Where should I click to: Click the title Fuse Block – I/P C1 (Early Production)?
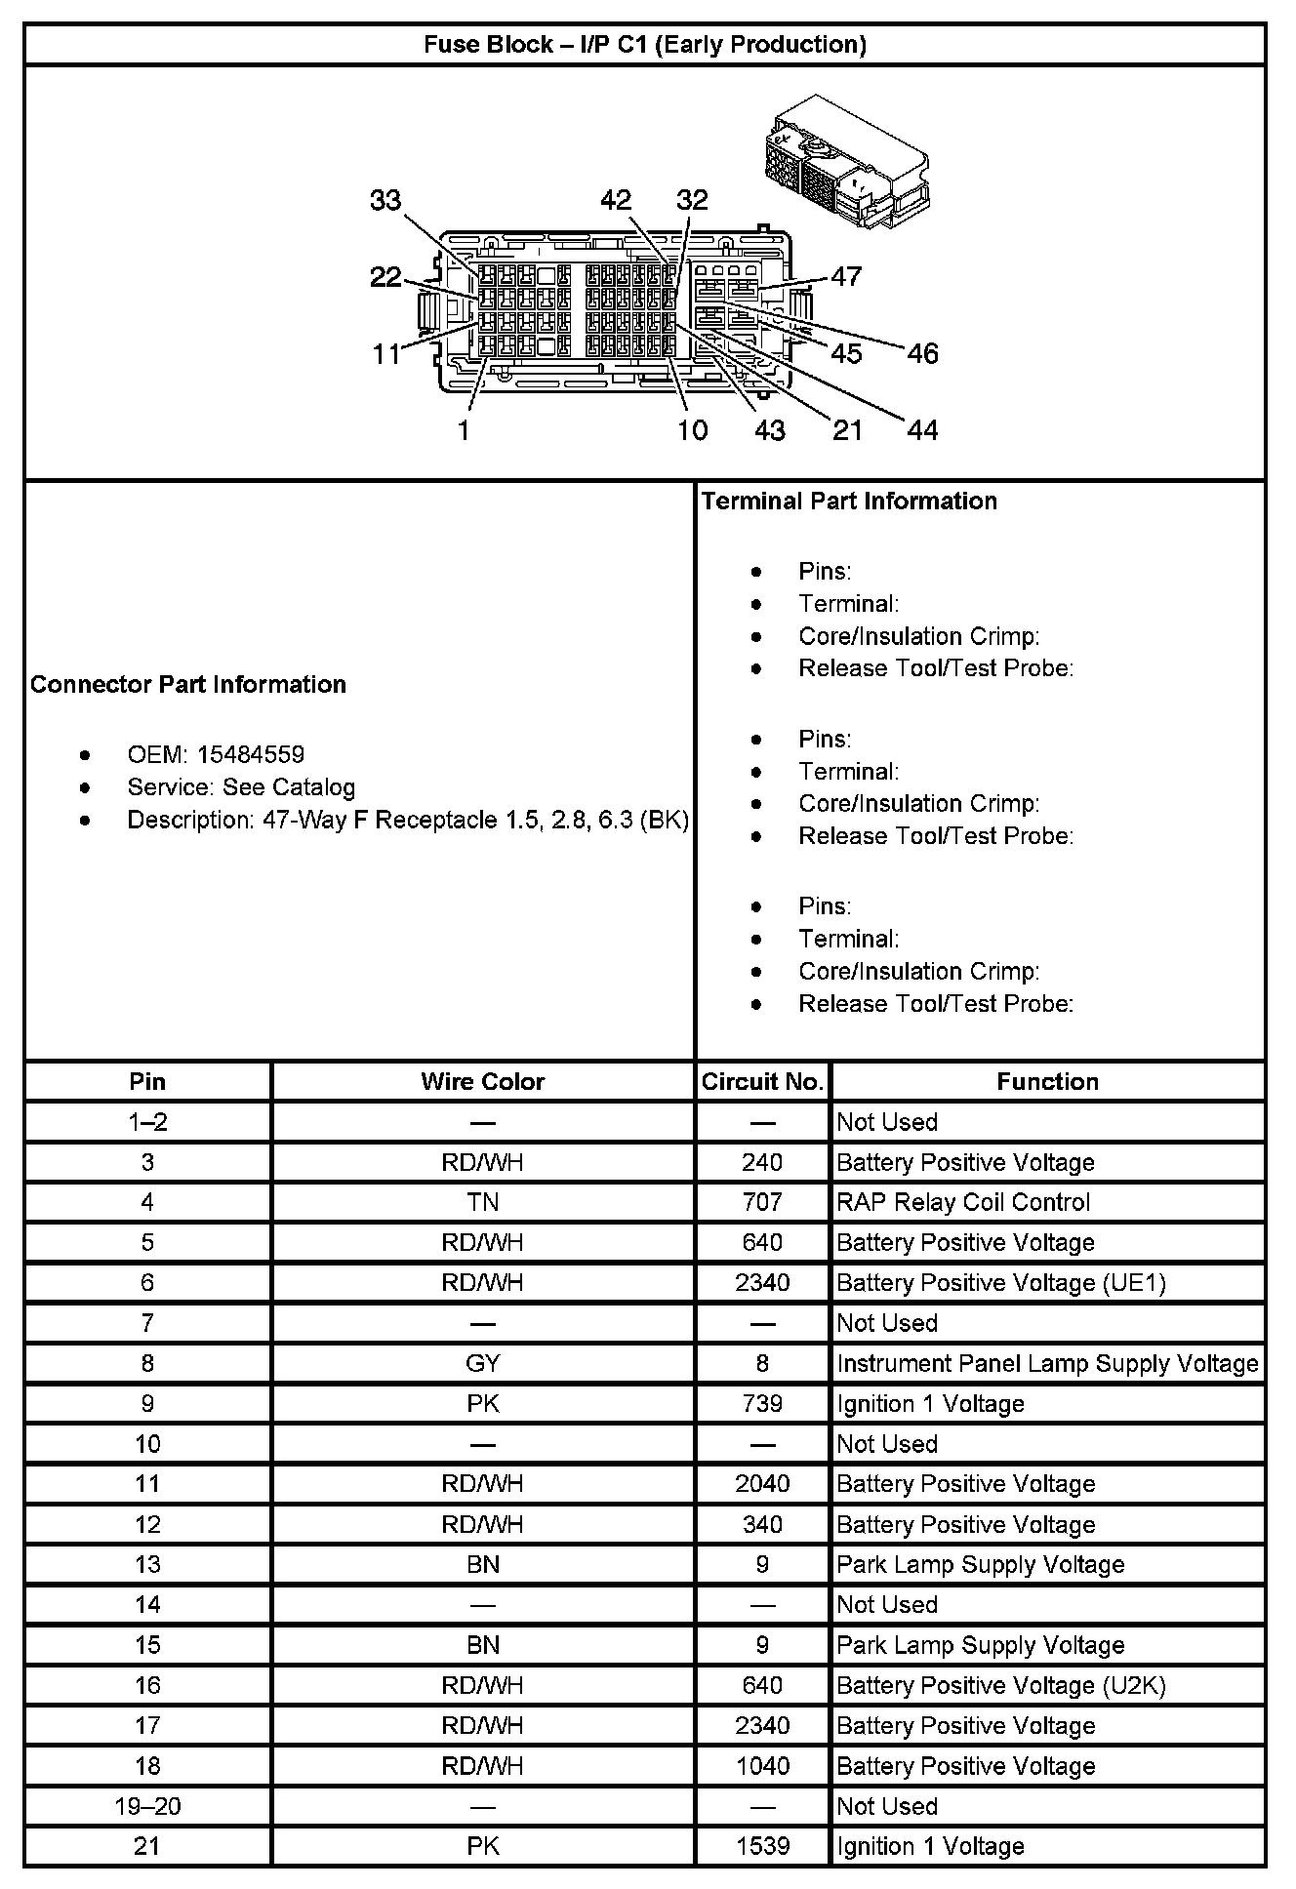644,45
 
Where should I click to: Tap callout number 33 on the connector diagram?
385,200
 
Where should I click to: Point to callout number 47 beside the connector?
846,276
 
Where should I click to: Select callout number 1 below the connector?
465,430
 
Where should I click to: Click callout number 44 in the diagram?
922,430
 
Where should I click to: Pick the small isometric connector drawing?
845,161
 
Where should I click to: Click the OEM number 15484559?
250,754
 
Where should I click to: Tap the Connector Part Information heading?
188,684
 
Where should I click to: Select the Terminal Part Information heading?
849,502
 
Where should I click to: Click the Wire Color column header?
482,1081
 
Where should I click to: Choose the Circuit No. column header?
762,1081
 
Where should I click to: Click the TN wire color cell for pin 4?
482,1202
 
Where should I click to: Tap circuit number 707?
762,1202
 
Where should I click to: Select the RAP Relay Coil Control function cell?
963,1202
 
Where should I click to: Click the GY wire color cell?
482,1363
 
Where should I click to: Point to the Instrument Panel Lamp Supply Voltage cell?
1047,1363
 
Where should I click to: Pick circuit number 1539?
762,1846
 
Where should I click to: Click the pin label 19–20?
147,1806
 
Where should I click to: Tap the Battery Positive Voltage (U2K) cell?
1001,1685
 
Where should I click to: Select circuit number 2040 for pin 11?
762,1484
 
